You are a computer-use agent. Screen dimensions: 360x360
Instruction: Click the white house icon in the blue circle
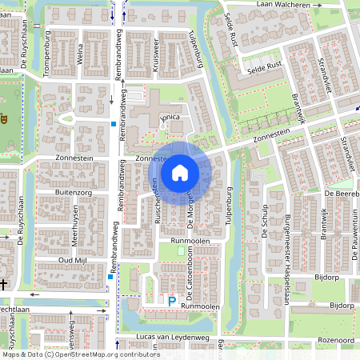(x=180, y=172)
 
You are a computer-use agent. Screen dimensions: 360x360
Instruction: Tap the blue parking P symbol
(x=171, y=301)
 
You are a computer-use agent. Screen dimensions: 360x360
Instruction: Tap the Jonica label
(x=171, y=118)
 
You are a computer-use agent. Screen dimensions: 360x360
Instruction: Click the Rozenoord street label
(x=336, y=339)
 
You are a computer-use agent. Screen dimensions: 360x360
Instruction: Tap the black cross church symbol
(x=4, y=285)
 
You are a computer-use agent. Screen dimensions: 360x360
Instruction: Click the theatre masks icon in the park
(x=4, y=120)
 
